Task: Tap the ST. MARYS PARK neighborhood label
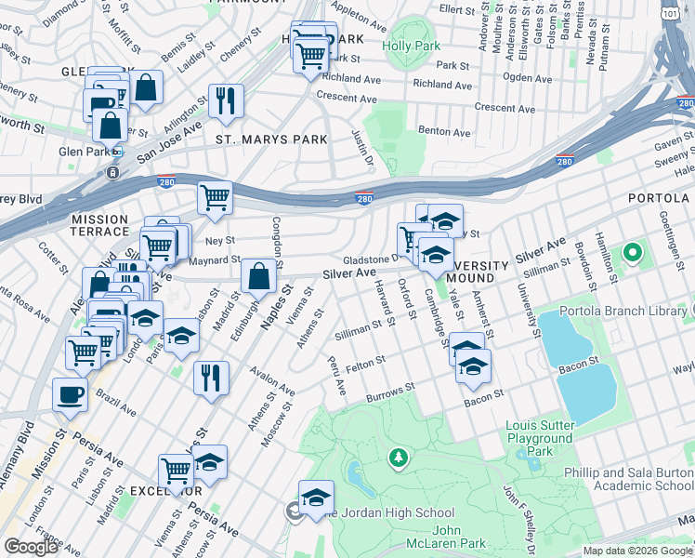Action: pyautogui.click(x=271, y=139)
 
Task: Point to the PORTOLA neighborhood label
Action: pyautogui.click(x=658, y=198)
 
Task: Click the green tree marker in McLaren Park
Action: pyautogui.click(x=399, y=458)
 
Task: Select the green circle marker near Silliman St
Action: pyautogui.click(x=633, y=252)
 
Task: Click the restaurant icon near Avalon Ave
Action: pyautogui.click(x=212, y=378)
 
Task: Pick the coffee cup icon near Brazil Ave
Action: pyautogui.click(x=70, y=394)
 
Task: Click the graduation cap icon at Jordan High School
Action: pyautogui.click(x=316, y=496)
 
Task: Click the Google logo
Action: pyautogui.click(x=32, y=548)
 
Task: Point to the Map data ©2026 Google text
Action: pyautogui.click(x=638, y=551)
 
